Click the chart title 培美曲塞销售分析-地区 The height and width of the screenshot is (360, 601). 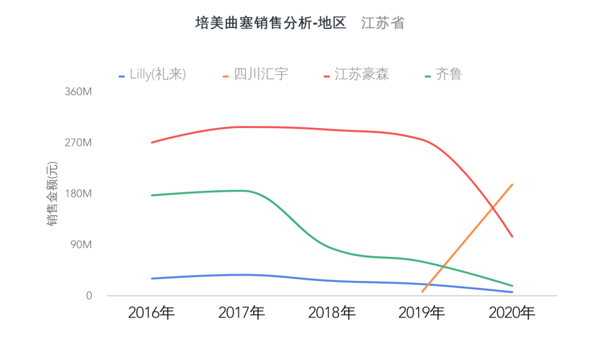[x=271, y=23]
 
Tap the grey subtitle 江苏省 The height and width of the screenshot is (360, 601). [x=382, y=23]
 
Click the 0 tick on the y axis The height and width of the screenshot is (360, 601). [x=88, y=296]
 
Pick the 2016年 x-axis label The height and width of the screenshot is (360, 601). [x=151, y=313]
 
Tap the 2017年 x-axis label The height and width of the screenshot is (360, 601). [x=242, y=313]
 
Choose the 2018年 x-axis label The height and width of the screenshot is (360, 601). [x=332, y=313]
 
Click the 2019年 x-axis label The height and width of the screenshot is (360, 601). [x=422, y=313]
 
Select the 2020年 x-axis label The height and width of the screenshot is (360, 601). [x=512, y=313]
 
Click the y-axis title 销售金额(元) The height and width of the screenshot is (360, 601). [x=52, y=194]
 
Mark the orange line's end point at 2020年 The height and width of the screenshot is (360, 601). [x=512, y=184]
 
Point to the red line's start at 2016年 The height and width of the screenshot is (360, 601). [x=151, y=142]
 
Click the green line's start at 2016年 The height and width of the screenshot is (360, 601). [x=151, y=195]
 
